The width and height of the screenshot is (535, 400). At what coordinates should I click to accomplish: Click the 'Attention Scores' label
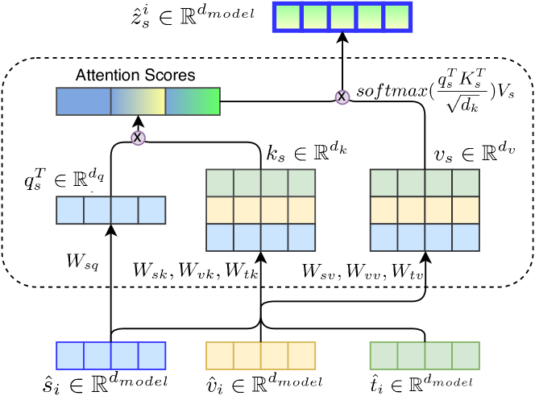135,76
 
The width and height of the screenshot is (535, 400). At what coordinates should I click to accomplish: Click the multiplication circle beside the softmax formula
342,97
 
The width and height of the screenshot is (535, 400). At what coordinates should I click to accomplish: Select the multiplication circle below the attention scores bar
138,138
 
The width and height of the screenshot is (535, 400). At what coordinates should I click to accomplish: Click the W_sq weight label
82,262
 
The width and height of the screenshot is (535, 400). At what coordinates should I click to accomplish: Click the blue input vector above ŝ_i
110,355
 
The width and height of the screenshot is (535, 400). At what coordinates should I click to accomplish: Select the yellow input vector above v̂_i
260,355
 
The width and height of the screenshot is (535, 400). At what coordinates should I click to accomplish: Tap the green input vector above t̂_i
424,355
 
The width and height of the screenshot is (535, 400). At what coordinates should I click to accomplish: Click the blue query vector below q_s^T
110,210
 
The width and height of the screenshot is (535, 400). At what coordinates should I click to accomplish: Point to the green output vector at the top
342,16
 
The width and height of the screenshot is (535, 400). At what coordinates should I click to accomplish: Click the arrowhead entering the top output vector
342,36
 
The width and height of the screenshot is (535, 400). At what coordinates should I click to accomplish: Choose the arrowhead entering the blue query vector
110,229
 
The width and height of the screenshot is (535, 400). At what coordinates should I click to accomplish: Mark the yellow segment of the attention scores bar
145,101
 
